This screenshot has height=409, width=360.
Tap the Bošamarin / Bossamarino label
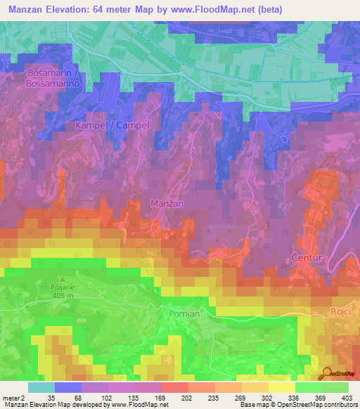56,78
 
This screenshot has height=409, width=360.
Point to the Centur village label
307,258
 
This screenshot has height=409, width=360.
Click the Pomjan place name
185,314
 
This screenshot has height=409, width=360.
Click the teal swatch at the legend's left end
41,387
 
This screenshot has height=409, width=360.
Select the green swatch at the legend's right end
335,387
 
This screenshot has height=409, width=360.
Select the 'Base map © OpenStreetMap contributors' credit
297,405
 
